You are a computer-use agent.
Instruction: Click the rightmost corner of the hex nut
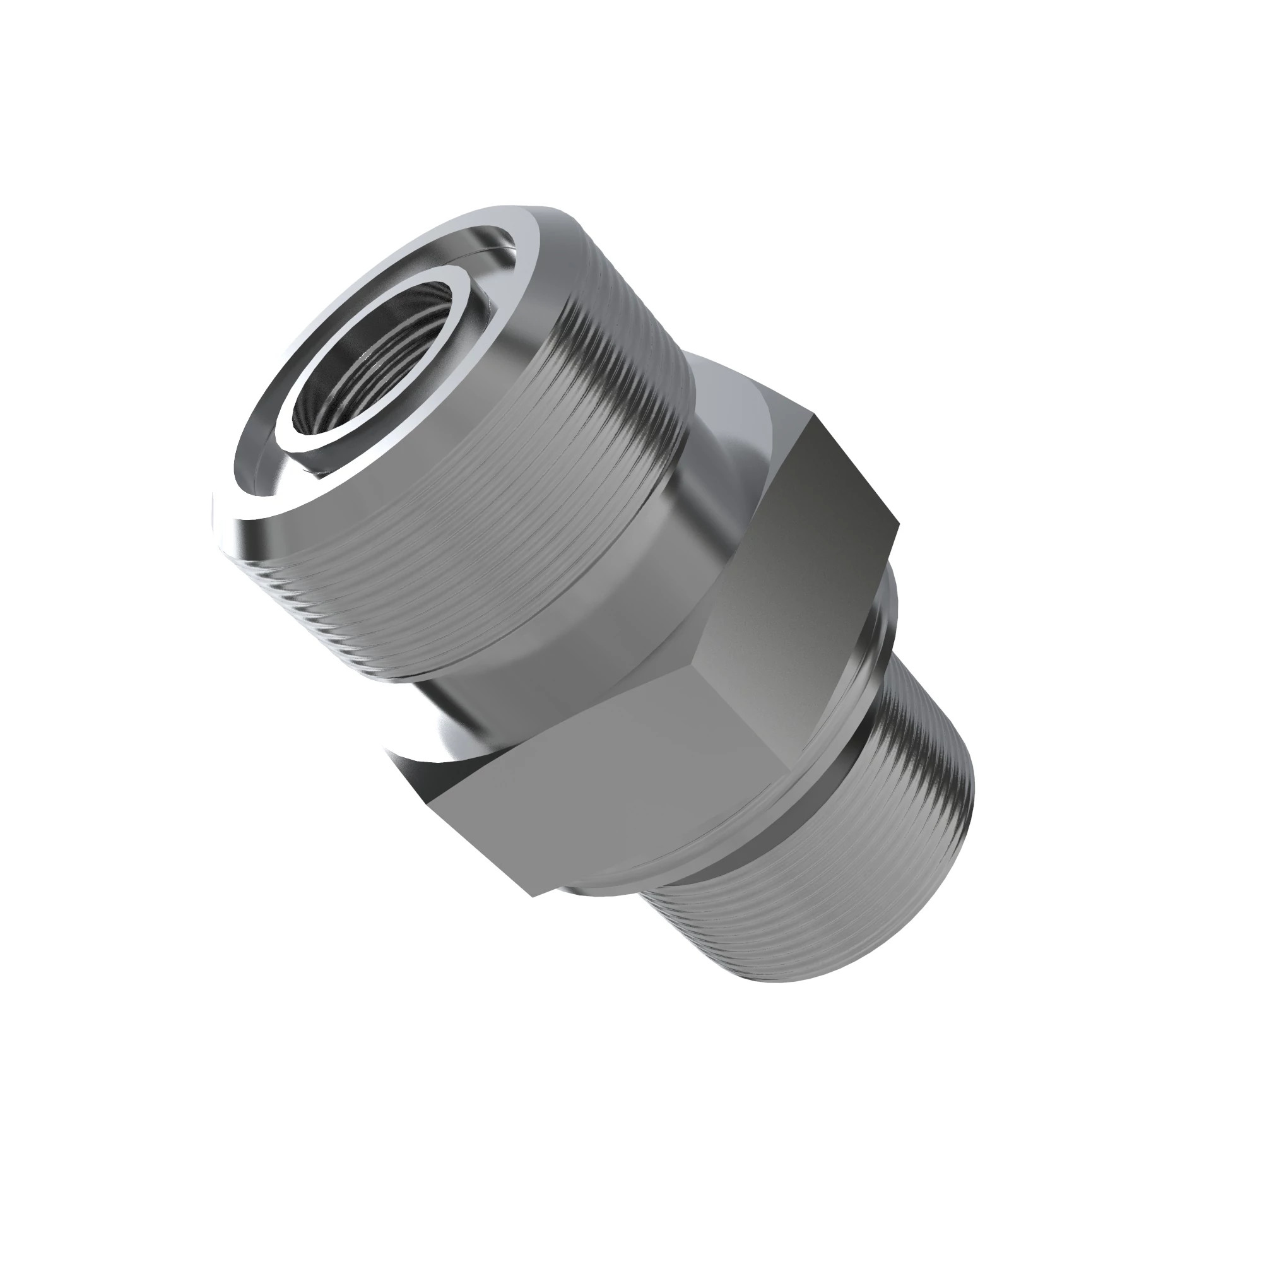click(x=898, y=522)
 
